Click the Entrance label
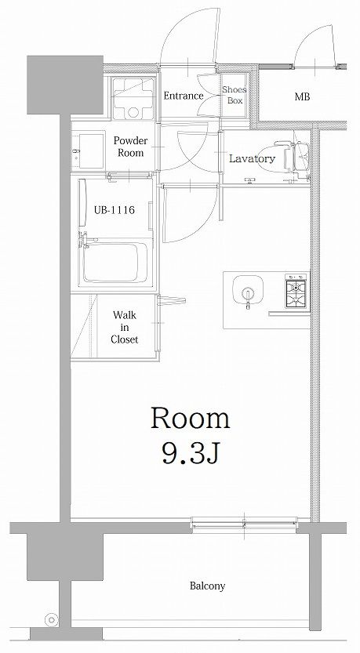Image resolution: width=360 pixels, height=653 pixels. [x=184, y=96]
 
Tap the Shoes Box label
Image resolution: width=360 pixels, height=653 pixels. [x=235, y=95]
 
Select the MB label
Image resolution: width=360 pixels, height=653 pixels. [x=302, y=97]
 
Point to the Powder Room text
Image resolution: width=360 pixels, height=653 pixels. [x=130, y=147]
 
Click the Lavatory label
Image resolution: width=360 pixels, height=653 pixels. [x=252, y=158]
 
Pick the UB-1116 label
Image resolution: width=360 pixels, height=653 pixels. [x=115, y=209]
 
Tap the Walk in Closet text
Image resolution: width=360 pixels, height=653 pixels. [x=124, y=327]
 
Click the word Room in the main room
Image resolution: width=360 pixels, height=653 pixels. [x=190, y=418]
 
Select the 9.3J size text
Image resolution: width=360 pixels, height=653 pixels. [x=190, y=454]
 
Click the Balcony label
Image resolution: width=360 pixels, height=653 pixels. [x=208, y=586]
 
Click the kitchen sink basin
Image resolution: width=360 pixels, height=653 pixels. [x=248, y=290]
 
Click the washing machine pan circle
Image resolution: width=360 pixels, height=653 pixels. [x=133, y=111]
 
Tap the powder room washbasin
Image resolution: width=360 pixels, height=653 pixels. [x=88, y=151]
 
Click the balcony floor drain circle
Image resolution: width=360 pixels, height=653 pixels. [x=52, y=619]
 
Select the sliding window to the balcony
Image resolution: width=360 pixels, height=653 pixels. [x=245, y=522]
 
